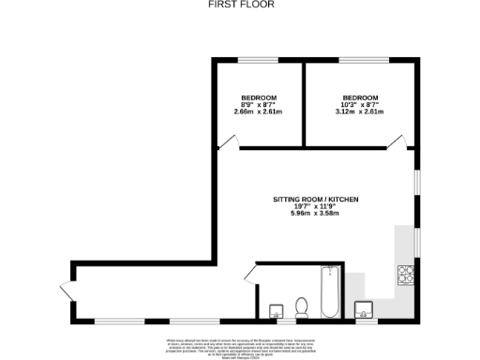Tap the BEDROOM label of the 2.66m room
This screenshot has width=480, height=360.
[x=258, y=97]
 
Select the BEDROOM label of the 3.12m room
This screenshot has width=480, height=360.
[x=360, y=97]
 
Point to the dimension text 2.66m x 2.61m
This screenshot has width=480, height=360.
[x=258, y=112]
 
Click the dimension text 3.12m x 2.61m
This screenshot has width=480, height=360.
[x=360, y=112]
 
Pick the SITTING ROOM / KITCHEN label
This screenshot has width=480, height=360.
[x=315, y=200]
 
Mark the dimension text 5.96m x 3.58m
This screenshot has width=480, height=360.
[x=315, y=215]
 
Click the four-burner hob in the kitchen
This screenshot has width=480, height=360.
[x=408, y=275]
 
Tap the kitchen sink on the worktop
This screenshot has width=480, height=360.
[x=364, y=307]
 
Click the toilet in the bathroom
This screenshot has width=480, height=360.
[x=302, y=307]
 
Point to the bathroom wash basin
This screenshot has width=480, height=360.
[x=277, y=310]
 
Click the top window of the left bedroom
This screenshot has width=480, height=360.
[x=253, y=61]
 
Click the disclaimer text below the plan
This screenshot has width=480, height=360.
[x=239, y=343]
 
